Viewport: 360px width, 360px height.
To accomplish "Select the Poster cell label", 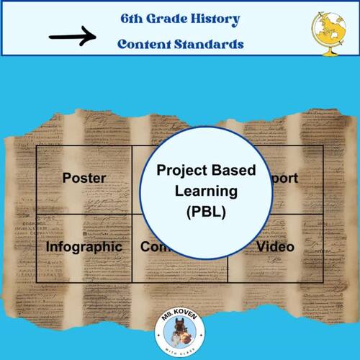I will click(84, 178).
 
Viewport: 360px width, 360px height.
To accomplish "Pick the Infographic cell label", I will click(84, 247).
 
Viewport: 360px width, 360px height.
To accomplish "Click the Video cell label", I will click(276, 247).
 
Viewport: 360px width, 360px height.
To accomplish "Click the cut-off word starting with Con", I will click(153, 247).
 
